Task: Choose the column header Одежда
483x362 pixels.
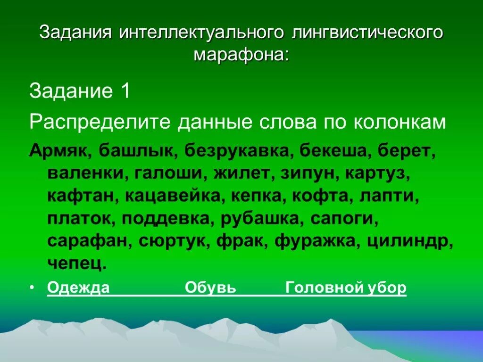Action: pos(78,288)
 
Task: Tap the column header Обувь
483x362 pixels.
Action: pos(210,288)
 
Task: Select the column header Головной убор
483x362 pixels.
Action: pos(346,288)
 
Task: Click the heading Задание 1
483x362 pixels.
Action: pos(80,91)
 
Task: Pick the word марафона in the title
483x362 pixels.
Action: pos(241,55)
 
